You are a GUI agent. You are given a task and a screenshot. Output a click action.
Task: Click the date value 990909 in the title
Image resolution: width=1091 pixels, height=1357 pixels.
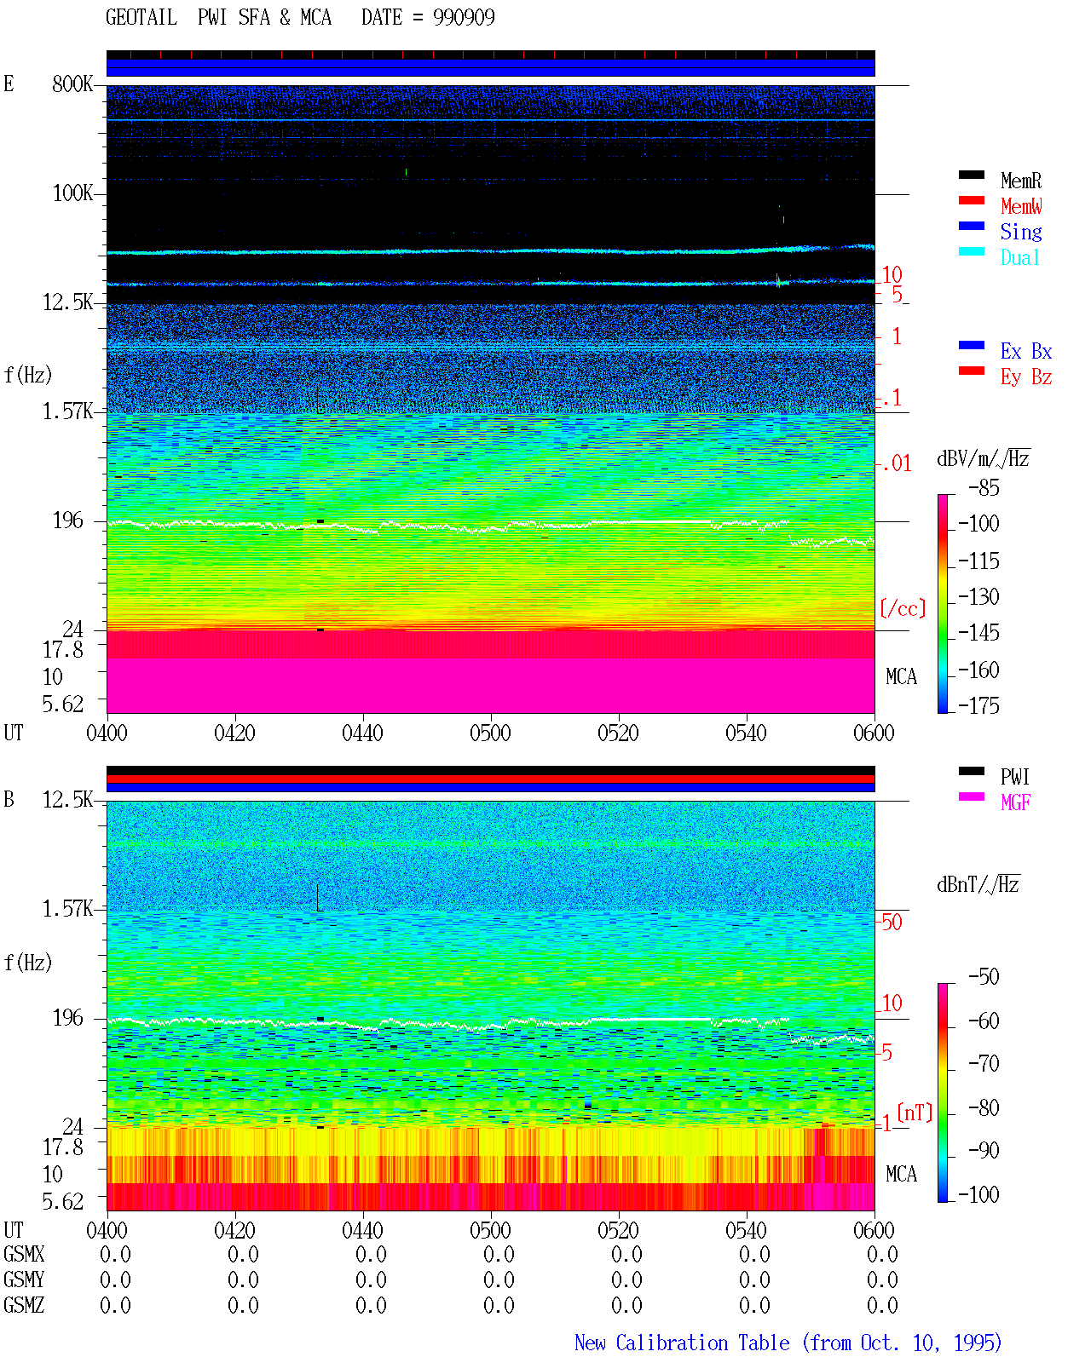(464, 18)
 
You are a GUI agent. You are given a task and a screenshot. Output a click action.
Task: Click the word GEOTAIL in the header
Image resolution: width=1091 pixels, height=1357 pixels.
(141, 18)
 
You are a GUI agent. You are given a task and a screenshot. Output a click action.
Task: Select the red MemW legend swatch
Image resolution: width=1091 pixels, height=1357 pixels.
(971, 200)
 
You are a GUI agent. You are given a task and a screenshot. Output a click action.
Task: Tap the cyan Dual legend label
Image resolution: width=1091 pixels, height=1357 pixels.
(1020, 257)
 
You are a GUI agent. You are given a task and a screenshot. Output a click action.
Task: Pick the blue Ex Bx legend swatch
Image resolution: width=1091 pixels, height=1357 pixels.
(971, 345)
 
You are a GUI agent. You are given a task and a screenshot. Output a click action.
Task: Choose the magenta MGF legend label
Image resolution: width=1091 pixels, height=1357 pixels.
(1015, 802)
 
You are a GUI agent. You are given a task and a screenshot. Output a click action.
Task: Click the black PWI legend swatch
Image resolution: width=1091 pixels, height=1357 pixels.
(971, 771)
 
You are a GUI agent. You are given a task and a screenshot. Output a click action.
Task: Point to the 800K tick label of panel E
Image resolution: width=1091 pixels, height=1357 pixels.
(72, 83)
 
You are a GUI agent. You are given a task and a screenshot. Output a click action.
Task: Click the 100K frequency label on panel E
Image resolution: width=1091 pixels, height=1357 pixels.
(72, 193)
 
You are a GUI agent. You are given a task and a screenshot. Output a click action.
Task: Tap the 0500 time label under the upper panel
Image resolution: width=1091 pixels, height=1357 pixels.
(490, 733)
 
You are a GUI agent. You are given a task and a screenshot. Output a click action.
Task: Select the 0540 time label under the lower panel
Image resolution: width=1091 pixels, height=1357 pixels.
(746, 1230)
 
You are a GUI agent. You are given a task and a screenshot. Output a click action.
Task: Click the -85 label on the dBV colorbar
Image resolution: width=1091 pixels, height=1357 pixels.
(984, 487)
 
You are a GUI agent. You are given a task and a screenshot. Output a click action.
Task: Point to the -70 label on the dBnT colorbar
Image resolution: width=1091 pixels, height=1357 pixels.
(984, 1063)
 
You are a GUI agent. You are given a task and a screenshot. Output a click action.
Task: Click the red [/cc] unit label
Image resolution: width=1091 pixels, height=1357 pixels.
(903, 608)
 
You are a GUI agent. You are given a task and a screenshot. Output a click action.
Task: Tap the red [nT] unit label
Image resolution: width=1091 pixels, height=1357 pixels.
(915, 1112)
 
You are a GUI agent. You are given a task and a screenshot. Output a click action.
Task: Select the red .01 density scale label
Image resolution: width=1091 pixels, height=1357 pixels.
(896, 464)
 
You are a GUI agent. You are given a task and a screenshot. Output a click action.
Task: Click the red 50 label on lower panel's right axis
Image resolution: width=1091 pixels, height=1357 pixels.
(892, 923)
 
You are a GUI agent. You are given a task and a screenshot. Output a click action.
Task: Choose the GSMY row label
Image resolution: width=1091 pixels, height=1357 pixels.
(24, 1279)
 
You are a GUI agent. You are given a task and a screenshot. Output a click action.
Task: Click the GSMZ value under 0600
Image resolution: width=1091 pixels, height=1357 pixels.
(882, 1305)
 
